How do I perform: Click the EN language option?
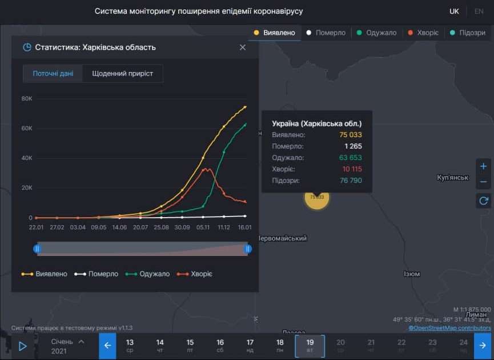(479, 11)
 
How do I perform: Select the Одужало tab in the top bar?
(376, 33)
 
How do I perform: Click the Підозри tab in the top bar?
(468, 33)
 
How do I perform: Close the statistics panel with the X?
(243, 47)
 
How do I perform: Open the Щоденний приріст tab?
(122, 74)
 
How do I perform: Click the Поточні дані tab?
(53, 74)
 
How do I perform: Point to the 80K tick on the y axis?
(27, 98)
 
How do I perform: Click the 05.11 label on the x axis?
(203, 227)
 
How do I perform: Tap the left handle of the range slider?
(37, 249)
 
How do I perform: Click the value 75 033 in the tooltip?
(350, 135)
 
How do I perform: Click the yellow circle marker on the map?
(317, 197)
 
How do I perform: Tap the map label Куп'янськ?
(452, 178)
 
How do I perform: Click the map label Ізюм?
(412, 274)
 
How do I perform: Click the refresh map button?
(483, 201)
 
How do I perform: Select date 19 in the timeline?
(310, 346)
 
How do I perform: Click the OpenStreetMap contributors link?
(449, 328)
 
